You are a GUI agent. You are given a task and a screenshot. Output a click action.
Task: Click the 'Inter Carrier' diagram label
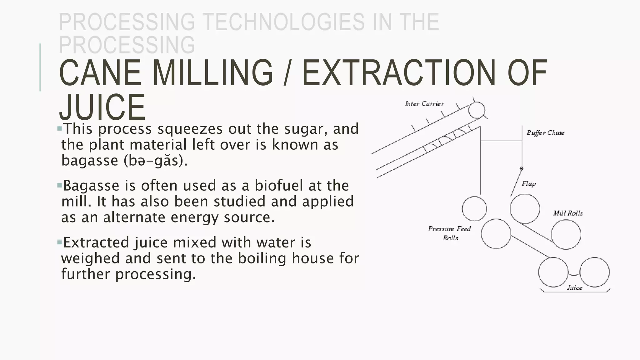[424, 104]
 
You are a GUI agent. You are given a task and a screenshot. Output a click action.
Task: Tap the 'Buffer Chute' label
[545, 133]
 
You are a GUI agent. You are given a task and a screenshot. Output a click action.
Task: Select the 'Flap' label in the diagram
[529, 183]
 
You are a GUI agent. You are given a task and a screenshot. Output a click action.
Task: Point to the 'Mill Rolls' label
[568, 213]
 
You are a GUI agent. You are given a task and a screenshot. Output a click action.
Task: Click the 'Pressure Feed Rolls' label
[450, 233]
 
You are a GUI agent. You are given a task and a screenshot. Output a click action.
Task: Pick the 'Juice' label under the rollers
[574, 288]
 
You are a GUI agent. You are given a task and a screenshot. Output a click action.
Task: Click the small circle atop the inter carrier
[477, 110]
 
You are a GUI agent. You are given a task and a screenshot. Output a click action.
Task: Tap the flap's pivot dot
[521, 168]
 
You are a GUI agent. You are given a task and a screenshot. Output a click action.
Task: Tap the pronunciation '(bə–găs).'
[156, 161]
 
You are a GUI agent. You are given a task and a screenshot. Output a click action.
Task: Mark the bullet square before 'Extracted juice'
[60, 242]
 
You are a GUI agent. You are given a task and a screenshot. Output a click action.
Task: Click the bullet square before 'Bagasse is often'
[60, 185]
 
